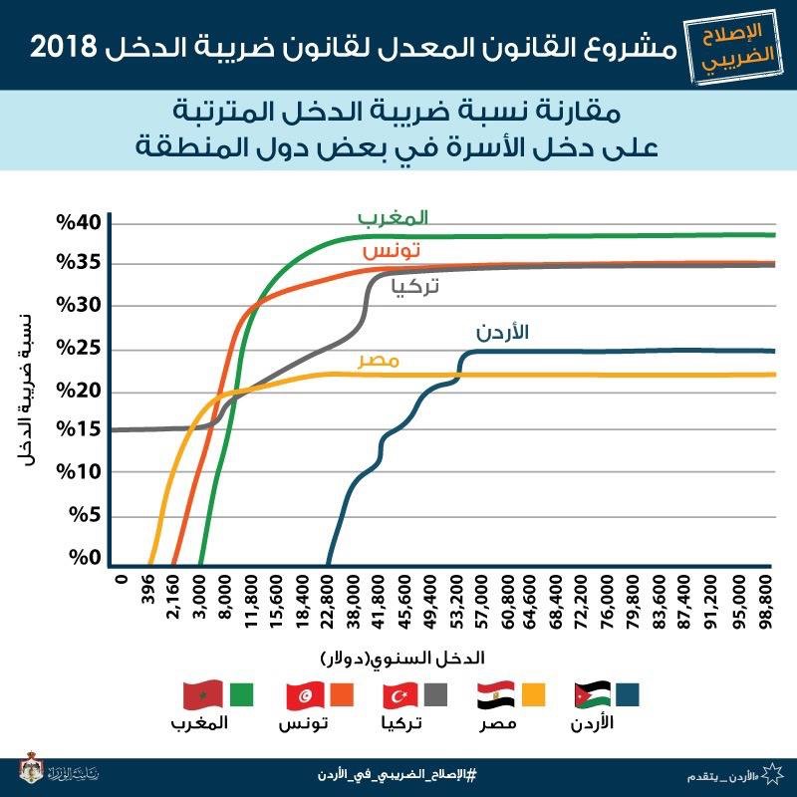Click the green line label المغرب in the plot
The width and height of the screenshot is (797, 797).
pos(393,216)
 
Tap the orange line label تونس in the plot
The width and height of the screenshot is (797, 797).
pos(391,250)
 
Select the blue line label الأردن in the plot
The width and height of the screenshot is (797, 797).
pos(497,333)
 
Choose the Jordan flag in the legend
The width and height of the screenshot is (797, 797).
pos(594,693)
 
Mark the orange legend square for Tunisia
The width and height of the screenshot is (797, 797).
pos(340,693)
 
